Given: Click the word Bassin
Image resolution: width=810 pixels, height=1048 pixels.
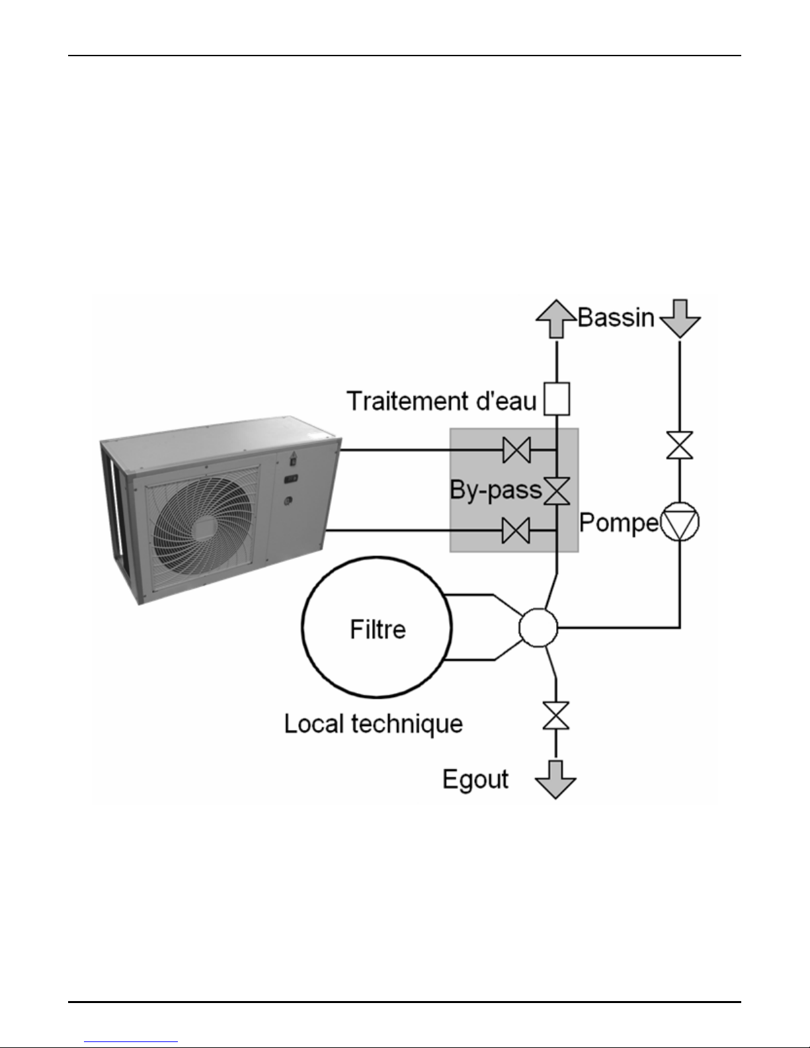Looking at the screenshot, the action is tap(616, 317).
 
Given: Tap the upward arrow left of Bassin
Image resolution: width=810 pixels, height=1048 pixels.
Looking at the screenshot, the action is tap(556, 318).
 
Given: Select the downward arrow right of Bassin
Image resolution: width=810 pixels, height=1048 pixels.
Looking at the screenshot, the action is tap(680, 318).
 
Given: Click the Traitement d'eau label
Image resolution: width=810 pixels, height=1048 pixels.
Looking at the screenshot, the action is tap(442, 401).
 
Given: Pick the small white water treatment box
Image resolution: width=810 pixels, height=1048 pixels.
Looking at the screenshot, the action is tap(557, 399).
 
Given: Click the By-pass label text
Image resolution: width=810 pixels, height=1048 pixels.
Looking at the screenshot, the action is tap(496, 490).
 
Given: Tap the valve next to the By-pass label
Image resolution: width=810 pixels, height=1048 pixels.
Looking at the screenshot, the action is tap(557, 491).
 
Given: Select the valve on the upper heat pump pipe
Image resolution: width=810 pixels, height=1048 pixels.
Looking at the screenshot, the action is tap(516, 450).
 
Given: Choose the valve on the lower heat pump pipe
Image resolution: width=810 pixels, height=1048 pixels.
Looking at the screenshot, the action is tap(516, 530).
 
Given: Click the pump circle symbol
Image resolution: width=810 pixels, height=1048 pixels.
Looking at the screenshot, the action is tap(679, 522).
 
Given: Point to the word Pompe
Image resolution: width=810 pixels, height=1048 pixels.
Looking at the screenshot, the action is tap(619, 523).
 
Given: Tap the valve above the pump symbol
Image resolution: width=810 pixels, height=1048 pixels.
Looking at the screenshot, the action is tap(680, 445).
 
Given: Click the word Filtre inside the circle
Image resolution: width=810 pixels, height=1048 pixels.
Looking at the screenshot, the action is tap(378, 629).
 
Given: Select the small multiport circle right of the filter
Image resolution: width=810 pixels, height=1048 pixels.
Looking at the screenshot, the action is tap(538, 627).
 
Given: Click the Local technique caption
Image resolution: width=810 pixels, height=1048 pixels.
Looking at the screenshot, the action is tap(373, 724).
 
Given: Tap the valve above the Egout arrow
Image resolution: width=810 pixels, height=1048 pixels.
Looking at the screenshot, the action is tap(556, 715).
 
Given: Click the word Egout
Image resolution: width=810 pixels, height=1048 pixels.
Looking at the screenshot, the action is tap(475, 780).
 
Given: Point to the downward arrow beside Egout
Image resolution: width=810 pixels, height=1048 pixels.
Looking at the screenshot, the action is tap(556, 780).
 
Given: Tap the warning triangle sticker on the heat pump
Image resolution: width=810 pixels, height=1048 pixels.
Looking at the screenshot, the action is tap(293, 454).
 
